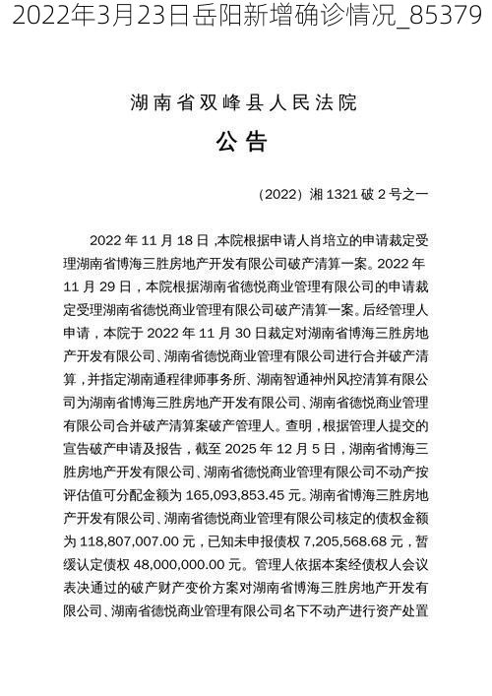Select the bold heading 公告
click(242, 143)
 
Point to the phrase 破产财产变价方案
click(162, 587)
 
